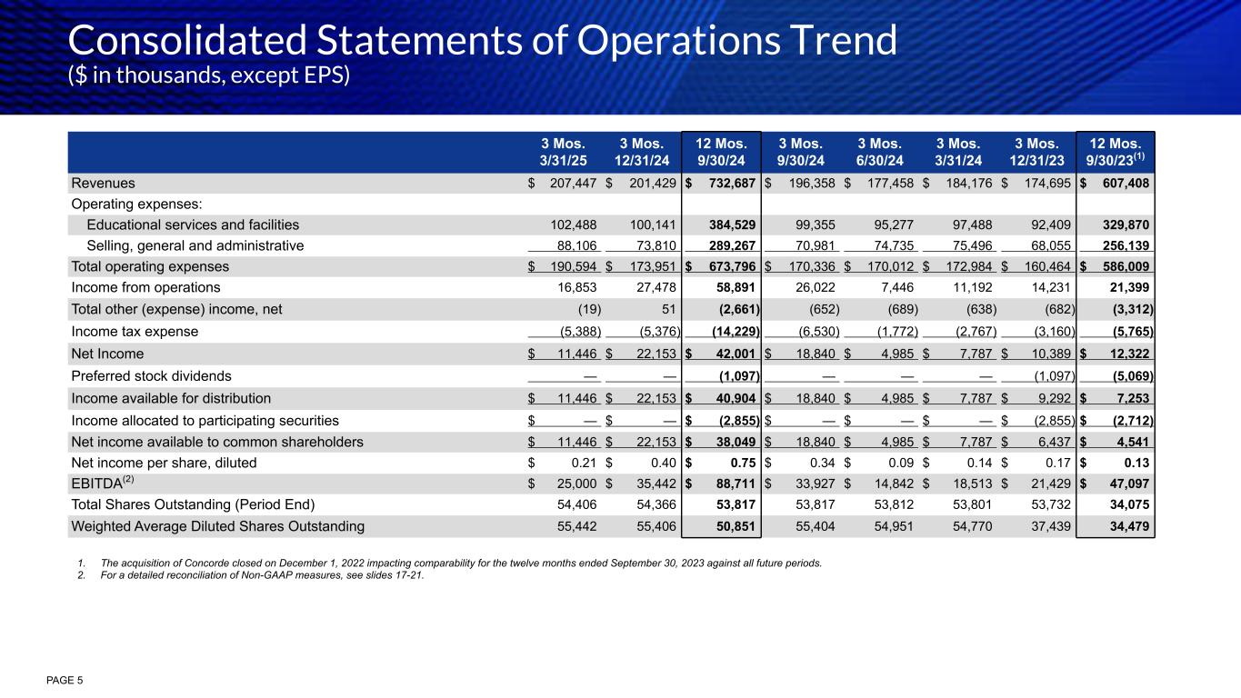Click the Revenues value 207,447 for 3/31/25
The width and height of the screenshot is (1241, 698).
coord(574,184)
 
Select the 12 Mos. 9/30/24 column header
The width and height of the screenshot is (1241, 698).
coord(722,153)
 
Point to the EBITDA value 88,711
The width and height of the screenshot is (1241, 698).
coord(733,485)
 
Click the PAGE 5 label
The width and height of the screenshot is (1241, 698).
coord(64,680)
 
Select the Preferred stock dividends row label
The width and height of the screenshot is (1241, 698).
coord(151,375)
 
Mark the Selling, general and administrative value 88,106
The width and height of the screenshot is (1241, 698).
coord(575,245)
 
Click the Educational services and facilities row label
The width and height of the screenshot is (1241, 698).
coord(193,224)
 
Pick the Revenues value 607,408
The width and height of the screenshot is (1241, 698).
coord(1122,184)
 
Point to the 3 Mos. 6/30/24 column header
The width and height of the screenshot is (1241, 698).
coord(881,153)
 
